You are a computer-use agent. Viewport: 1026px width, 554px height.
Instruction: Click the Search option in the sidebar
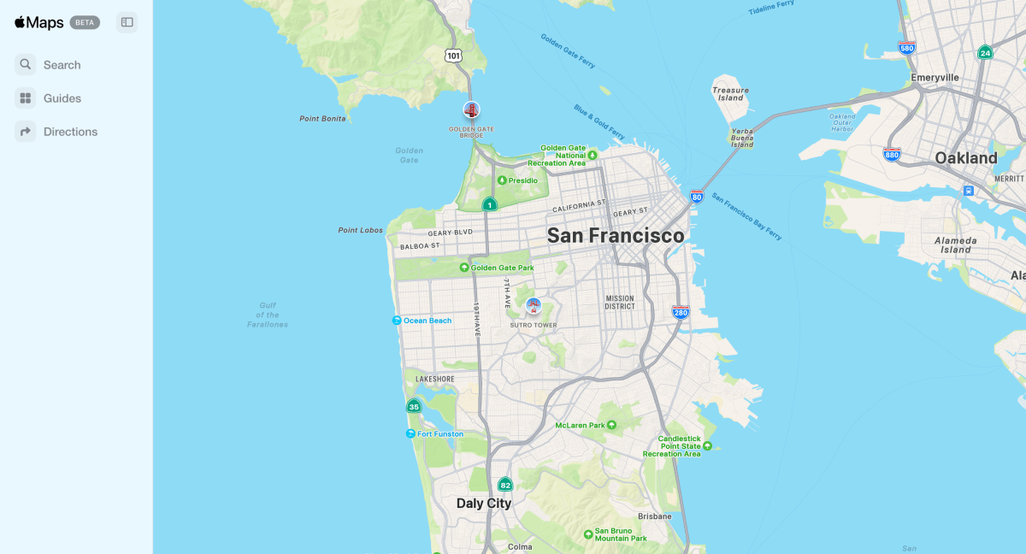point(62,65)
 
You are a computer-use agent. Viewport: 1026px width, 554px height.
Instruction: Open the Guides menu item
point(62,98)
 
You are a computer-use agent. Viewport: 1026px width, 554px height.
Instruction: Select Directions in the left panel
point(70,132)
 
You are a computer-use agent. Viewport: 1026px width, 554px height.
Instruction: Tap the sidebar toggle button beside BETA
point(127,22)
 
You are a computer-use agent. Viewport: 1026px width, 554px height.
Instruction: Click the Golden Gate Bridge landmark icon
point(471,109)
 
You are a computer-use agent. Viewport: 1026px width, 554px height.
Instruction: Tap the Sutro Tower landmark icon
point(534,306)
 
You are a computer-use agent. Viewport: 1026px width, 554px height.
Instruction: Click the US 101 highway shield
point(453,56)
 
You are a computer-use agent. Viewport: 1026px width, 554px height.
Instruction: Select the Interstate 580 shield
point(906,49)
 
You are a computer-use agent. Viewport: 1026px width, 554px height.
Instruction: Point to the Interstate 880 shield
point(892,155)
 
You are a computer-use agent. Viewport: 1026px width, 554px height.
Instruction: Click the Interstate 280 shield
point(681,313)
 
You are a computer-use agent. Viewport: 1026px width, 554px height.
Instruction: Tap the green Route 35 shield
point(414,406)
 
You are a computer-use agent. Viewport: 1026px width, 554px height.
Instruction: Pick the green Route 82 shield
point(505,485)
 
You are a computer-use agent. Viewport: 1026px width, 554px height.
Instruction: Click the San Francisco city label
point(616,235)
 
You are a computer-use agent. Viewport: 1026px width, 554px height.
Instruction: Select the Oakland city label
point(965,158)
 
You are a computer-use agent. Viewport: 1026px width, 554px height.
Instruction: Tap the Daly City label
point(484,504)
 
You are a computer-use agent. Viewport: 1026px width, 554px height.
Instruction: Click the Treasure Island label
point(730,93)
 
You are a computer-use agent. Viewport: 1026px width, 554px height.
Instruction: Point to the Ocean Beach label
point(427,321)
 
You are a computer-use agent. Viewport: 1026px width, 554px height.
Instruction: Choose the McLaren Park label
point(580,425)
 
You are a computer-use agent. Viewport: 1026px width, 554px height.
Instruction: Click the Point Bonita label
point(322,119)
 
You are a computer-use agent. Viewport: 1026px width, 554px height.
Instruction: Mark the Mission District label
point(620,303)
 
